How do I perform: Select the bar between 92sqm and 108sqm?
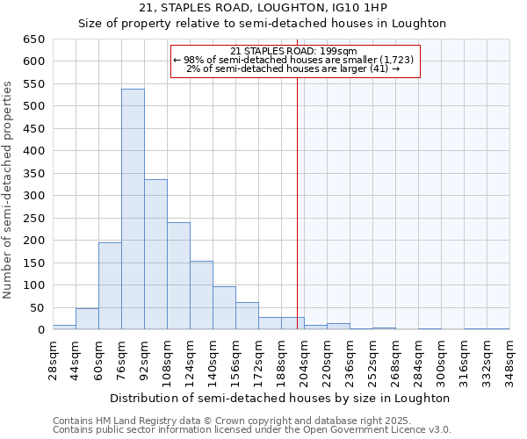pyautogui.click(x=155, y=255)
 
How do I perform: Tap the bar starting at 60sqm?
pyautogui.click(x=110, y=286)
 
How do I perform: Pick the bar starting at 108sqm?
pyautogui.click(x=178, y=276)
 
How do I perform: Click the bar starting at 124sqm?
pyautogui.click(x=201, y=295)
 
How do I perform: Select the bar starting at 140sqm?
pyautogui.click(x=224, y=308)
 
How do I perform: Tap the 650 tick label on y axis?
pyautogui.click(x=33, y=40)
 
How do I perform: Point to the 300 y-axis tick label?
pyautogui.click(x=33, y=196)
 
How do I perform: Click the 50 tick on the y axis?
pyautogui.click(x=37, y=308)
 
